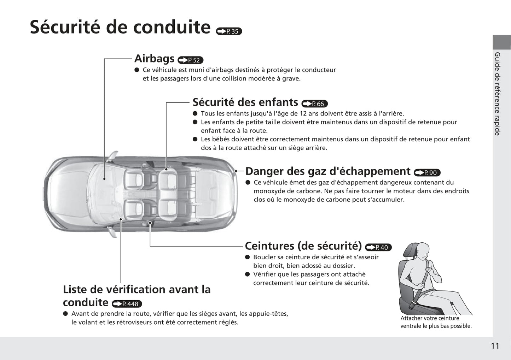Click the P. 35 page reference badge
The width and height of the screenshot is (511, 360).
click(x=229, y=31)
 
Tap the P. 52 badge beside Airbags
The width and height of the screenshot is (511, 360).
click(x=191, y=60)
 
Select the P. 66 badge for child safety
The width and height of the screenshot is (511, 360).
click(x=314, y=104)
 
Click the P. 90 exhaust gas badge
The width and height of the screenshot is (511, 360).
click(x=427, y=173)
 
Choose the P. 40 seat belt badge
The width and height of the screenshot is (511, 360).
click(x=378, y=247)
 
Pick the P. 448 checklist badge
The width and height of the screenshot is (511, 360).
click(x=127, y=304)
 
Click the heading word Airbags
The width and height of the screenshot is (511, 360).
click(x=154, y=59)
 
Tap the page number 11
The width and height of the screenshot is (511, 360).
click(x=495, y=346)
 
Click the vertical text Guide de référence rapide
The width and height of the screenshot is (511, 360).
click(x=497, y=94)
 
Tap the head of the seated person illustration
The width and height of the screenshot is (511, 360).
click(x=423, y=252)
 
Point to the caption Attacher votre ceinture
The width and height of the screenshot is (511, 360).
click(x=430, y=318)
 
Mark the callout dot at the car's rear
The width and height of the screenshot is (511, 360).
click(x=236, y=171)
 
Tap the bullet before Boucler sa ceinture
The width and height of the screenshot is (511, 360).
click(x=248, y=257)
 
